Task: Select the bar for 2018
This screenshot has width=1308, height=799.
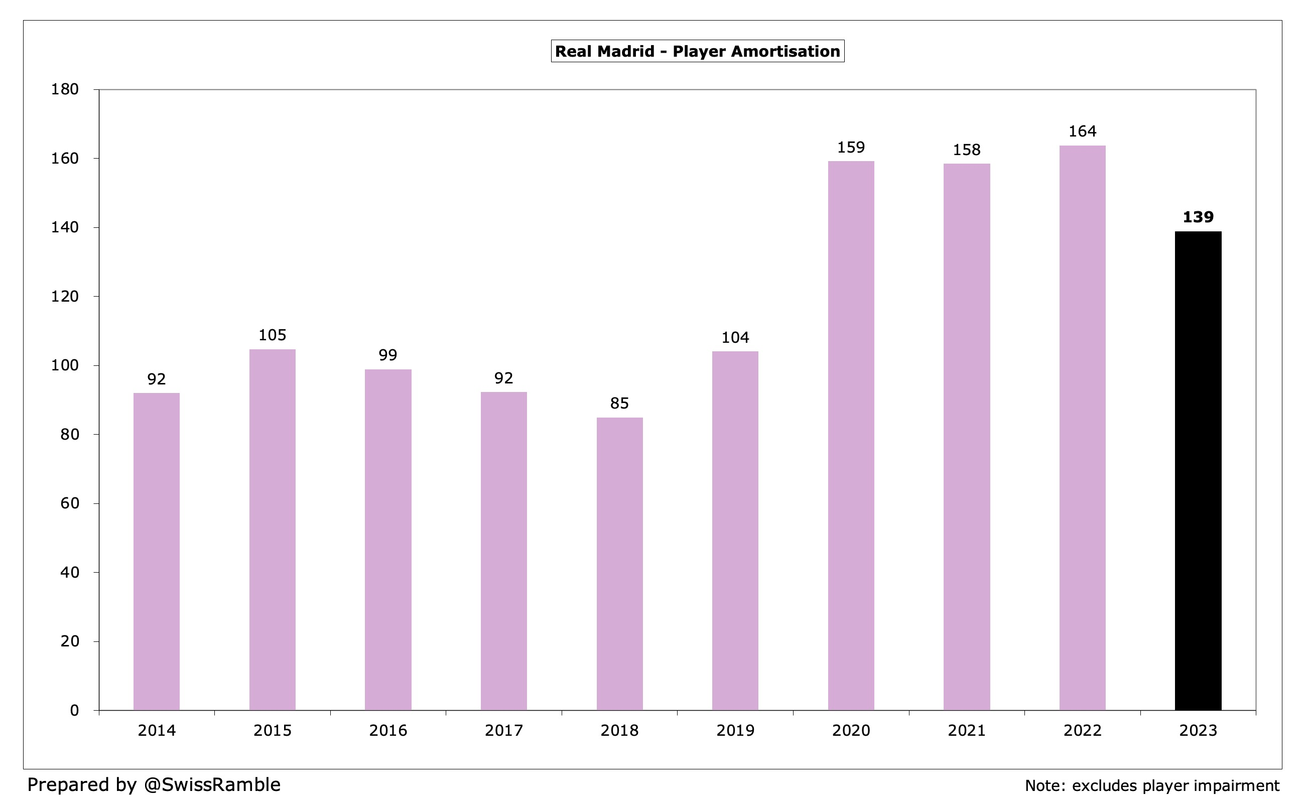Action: [x=619, y=563]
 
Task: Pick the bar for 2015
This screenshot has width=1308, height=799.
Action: [x=272, y=529]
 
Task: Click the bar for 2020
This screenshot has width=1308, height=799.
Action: [x=850, y=435]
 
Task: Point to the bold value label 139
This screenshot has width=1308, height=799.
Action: [x=1198, y=217]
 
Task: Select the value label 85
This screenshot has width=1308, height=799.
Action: [x=619, y=404]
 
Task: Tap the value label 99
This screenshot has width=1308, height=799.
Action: [x=387, y=355]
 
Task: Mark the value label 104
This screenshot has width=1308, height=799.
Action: [x=735, y=338]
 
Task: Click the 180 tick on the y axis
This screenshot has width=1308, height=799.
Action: [x=65, y=89]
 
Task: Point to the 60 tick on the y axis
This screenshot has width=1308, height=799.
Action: [x=70, y=503]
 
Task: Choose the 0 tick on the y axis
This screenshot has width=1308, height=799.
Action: [x=74, y=710]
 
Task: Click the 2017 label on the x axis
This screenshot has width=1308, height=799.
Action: [x=503, y=731]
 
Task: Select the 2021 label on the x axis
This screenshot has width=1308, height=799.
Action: [x=966, y=731]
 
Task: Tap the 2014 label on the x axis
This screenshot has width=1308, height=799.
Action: [x=156, y=731]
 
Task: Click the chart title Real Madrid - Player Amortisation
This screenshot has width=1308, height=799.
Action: [x=697, y=52]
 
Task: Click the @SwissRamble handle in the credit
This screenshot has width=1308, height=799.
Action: [x=212, y=784]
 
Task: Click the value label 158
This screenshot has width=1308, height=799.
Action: [x=966, y=150]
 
